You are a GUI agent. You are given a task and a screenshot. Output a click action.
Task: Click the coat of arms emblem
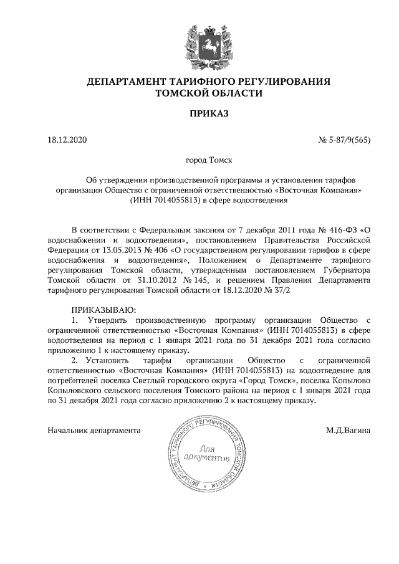pos(199,44)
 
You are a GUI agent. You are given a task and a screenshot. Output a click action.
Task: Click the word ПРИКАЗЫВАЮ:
pos(103,310)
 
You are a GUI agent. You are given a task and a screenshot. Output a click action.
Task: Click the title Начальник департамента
pos(94,430)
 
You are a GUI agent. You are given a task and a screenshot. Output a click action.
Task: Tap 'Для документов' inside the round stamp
pos(205,453)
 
